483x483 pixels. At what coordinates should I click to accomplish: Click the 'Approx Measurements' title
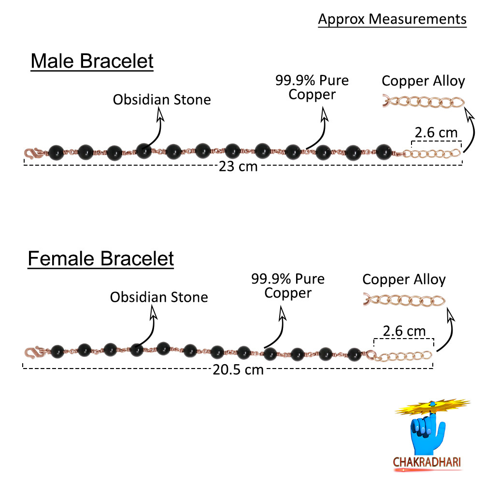click(392, 19)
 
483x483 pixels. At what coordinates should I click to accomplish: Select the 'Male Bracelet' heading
click(92, 62)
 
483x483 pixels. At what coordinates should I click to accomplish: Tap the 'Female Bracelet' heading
click(100, 258)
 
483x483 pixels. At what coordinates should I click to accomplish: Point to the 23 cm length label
click(238, 167)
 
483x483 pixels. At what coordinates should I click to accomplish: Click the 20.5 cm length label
click(239, 370)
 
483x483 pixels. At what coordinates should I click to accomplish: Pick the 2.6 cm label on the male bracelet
click(436, 132)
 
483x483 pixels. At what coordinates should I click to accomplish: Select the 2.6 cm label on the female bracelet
click(404, 331)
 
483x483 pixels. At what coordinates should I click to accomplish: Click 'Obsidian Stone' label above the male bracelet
click(162, 100)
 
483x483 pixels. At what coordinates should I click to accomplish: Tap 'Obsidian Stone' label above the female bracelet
click(159, 297)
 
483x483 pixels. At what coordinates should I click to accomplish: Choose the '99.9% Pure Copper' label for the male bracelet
click(312, 87)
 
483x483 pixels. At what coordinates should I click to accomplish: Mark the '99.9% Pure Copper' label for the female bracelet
click(288, 285)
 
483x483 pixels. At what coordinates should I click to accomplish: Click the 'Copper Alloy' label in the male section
click(423, 81)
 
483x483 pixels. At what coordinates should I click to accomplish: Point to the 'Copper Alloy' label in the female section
click(404, 279)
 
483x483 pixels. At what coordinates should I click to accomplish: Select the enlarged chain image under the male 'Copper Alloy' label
click(423, 102)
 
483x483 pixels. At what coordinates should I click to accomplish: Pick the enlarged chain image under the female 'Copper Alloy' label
click(404, 301)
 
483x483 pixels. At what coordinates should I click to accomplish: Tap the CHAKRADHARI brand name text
click(427, 462)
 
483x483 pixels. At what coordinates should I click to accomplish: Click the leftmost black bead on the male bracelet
click(56, 151)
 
